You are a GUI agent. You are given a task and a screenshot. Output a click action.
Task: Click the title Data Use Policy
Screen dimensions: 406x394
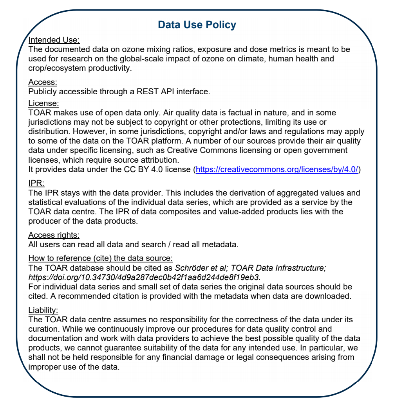click(x=197, y=25)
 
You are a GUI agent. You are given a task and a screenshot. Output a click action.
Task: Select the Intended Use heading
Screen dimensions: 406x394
click(x=54, y=40)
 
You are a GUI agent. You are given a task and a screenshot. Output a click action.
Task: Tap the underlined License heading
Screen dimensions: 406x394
click(x=43, y=103)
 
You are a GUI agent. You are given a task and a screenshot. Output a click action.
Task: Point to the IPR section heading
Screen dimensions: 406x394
click(x=36, y=183)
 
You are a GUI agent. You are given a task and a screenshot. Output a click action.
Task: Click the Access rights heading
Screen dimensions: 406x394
click(x=54, y=235)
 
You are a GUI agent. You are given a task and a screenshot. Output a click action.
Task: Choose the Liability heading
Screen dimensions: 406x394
click(x=43, y=310)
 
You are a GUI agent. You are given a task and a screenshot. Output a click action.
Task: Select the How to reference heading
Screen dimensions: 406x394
click(x=101, y=259)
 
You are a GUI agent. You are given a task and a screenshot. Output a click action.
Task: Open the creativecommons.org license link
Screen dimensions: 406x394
click(x=277, y=169)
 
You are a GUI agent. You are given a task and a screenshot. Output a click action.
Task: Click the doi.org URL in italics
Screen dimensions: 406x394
click(x=144, y=277)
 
